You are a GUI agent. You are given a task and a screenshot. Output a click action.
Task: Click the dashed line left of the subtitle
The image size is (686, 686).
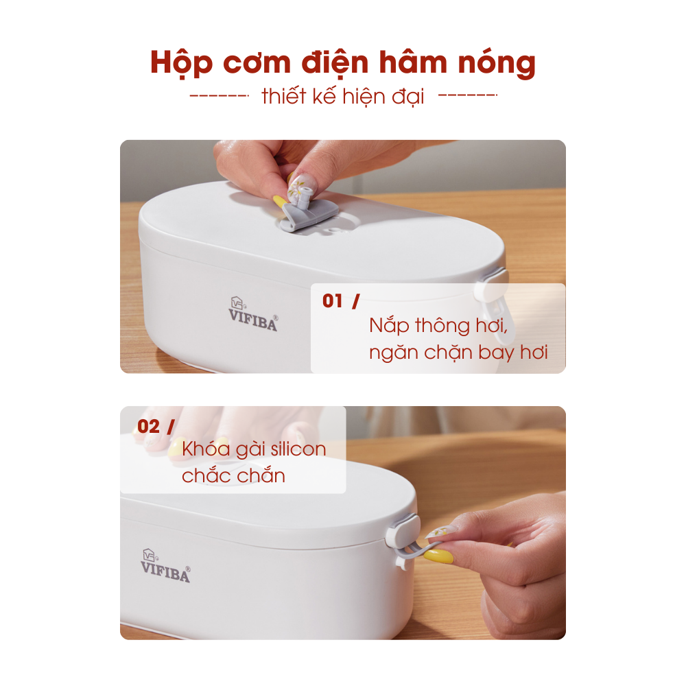coord(220,95)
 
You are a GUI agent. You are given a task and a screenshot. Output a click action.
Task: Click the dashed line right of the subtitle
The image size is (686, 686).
coord(468,95)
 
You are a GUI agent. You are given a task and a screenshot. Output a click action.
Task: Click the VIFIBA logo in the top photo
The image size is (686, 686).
coord(253,314)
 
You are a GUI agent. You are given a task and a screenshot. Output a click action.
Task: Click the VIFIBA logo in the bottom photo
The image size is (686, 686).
coord(165,566)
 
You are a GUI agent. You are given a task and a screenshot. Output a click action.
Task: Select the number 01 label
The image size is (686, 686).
coord(333,301)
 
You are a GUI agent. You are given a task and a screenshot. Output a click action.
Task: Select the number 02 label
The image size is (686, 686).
coord(148,427)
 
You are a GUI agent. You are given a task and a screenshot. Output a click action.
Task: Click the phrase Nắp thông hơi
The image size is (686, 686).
coord(438,326)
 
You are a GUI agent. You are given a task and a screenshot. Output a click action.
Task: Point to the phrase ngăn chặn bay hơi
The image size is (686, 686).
coord(458,353)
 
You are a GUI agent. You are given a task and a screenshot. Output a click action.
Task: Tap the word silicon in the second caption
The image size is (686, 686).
coord(298,449)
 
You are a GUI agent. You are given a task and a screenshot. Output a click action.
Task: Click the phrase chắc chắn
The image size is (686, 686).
coord(234,475)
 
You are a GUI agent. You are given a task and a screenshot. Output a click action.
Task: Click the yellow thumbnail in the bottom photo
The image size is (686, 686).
coord(438,557)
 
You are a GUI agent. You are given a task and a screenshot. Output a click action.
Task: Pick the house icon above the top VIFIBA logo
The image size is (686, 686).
coord(237,303)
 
